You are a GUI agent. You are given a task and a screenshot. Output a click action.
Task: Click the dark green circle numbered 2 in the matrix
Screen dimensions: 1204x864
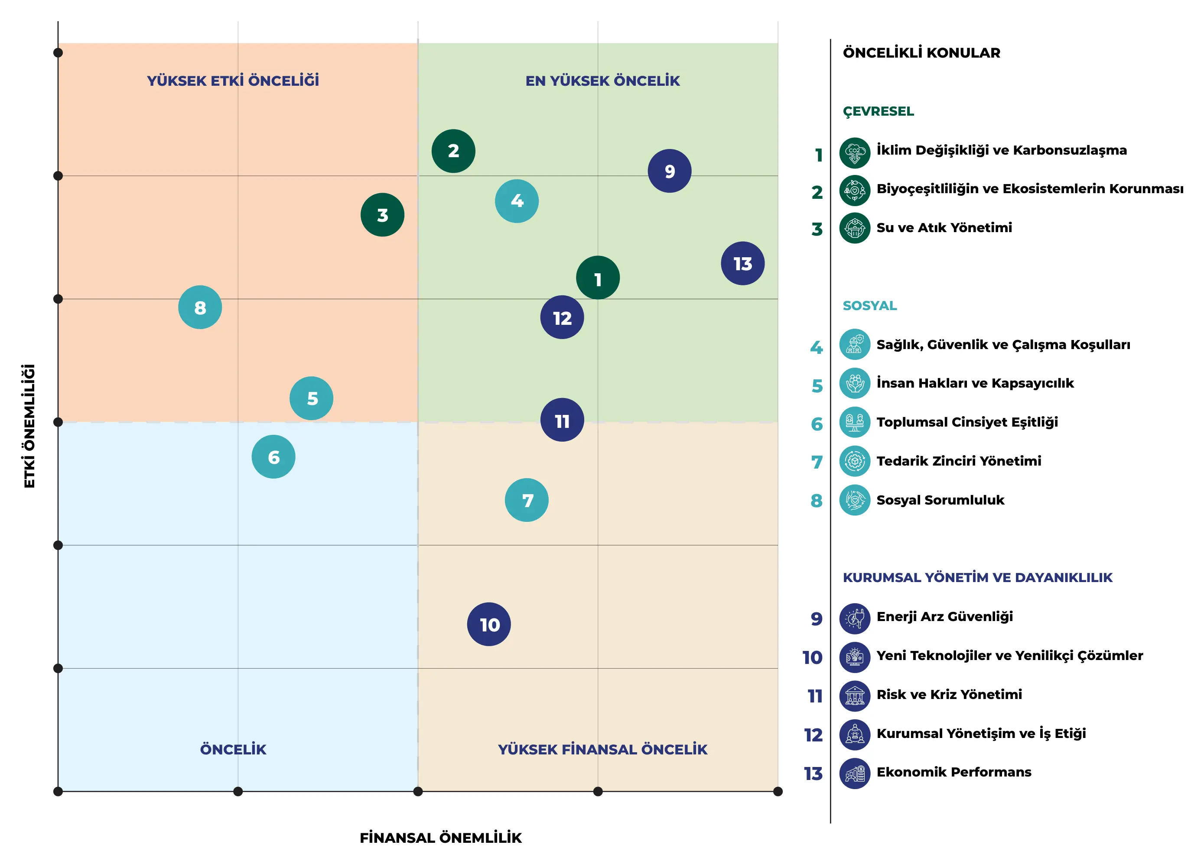(x=453, y=151)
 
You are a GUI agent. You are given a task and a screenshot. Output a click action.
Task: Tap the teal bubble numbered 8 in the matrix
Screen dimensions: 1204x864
(x=200, y=307)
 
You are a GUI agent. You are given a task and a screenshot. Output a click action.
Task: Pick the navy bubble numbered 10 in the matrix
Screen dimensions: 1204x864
(x=488, y=624)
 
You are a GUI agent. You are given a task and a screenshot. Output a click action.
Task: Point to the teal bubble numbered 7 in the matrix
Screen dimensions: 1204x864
(x=526, y=500)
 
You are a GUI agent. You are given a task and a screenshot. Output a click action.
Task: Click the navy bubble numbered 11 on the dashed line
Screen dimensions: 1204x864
(x=562, y=420)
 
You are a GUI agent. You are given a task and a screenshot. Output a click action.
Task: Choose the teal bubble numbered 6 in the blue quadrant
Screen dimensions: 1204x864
(x=273, y=456)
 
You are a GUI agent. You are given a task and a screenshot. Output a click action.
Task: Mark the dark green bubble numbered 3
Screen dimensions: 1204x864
(x=382, y=215)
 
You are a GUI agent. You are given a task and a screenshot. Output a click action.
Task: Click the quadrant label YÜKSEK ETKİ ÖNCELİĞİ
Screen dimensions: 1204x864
(x=233, y=81)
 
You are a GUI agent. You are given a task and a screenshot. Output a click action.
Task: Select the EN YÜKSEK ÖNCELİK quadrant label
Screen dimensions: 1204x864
(x=602, y=81)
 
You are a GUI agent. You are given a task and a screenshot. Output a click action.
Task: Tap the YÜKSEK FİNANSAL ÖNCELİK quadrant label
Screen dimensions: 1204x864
(x=602, y=749)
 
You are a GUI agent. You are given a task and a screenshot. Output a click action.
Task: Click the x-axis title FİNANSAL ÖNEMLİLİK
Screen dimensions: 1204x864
(x=441, y=838)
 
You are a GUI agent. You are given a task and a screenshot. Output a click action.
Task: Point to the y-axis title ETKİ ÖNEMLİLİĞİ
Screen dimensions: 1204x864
(x=29, y=426)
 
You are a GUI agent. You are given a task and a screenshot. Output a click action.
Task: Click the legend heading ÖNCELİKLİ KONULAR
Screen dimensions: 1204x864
(x=921, y=53)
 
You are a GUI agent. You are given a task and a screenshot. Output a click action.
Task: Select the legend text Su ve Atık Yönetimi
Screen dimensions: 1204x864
(x=944, y=227)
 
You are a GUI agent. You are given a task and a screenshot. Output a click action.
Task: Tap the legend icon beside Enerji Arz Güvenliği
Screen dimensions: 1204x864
(x=855, y=618)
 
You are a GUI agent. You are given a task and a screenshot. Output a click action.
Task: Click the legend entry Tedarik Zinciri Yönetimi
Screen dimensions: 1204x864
(x=959, y=461)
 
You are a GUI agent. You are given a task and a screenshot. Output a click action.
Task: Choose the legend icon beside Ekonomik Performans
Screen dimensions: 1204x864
(x=855, y=774)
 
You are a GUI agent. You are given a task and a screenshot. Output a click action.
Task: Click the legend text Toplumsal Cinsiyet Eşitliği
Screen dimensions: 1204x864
(x=967, y=422)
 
